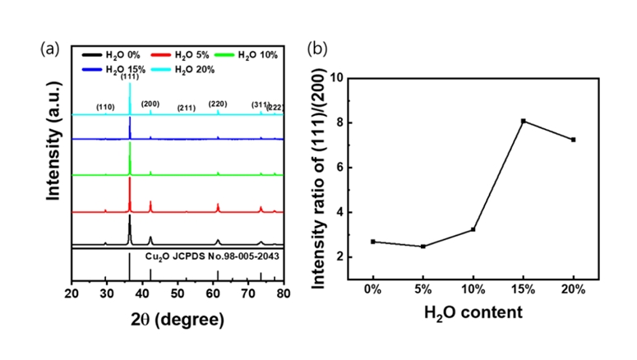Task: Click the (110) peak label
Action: tap(105, 107)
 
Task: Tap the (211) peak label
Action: tap(186, 108)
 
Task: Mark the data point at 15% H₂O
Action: tap(523, 121)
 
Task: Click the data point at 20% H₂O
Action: tap(573, 140)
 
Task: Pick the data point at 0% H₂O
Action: tap(373, 242)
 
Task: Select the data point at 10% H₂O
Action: tap(473, 229)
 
